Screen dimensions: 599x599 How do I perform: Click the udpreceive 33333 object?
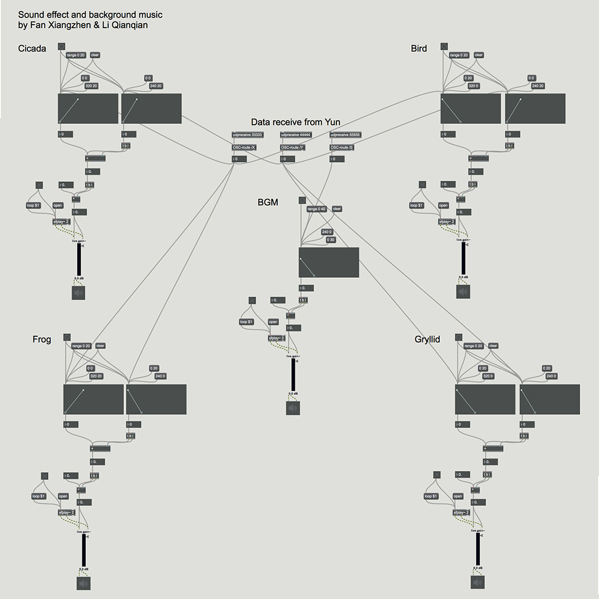[248, 135]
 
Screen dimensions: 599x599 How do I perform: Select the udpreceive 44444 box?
[296, 135]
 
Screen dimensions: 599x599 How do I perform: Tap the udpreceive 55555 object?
[345, 135]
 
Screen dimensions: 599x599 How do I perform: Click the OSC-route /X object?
[244, 147]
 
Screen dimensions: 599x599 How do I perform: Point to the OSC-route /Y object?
[292, 147]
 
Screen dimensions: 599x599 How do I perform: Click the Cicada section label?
[32, 49]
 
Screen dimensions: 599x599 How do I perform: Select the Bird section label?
[419, 49]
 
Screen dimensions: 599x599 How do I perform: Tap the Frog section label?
[42, 340]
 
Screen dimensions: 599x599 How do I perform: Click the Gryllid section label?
[427, 339]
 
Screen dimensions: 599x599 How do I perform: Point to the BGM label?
[268, 203]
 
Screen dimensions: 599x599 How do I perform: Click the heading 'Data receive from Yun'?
[295, 122]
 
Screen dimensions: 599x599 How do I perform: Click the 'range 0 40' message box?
[316, 209]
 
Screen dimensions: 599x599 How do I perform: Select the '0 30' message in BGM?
[331, 240]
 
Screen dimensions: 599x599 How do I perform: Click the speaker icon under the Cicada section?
[79, 292]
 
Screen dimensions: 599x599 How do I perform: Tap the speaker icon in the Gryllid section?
[478, 583]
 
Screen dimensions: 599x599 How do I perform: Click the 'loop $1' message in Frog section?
[38, 496]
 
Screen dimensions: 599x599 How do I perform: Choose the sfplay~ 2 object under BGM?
[276, 338]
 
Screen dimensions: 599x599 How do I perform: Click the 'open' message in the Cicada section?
[57, 205]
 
